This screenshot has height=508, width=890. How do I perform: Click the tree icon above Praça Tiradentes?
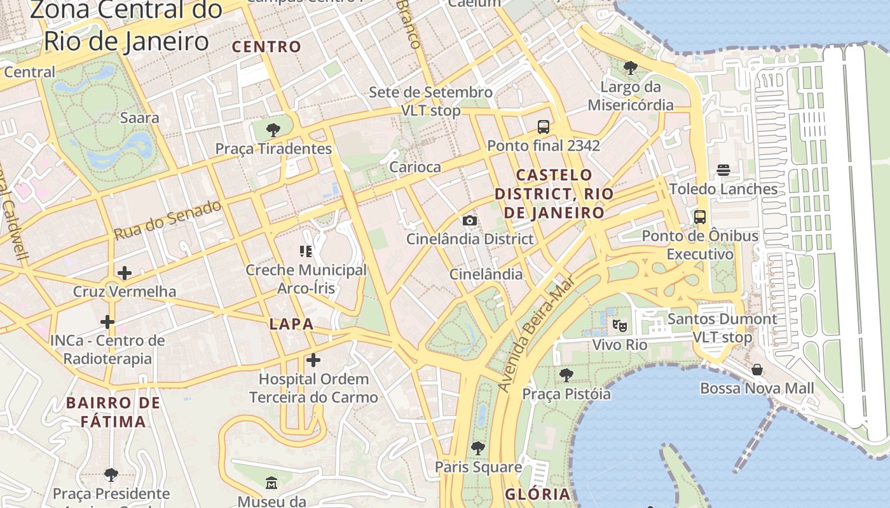coord(273,130)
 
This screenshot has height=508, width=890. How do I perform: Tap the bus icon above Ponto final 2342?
coord(544,126)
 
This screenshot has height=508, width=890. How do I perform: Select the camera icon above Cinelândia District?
coord(470,220)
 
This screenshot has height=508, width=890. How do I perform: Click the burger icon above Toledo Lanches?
coord(723,170)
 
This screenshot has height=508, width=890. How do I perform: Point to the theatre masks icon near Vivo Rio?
coord(620,326)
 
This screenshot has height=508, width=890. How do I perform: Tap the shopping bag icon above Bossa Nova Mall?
coord(757,370)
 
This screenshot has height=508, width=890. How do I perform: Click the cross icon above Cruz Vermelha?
coord(125,273)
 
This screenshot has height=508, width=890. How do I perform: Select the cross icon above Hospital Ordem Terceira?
coord(313,360)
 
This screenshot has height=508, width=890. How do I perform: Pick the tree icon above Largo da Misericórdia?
coord(631,67)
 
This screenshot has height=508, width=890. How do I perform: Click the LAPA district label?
coord(292,324)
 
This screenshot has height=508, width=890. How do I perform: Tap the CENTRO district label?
coord(266,46)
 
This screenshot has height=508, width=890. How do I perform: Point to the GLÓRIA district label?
coord(538,494)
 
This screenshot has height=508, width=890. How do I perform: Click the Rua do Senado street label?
coord(168,220)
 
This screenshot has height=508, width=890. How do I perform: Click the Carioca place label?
coord(415,167)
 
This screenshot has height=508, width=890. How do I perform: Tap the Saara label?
coord(140,117)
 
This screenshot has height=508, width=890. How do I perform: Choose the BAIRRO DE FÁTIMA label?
coord(113,412)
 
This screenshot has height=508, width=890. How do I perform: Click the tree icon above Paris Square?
coord(478,448)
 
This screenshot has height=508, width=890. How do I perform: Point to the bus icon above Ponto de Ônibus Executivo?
coord(700,217)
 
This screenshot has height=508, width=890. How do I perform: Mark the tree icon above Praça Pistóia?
coord(566,375)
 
